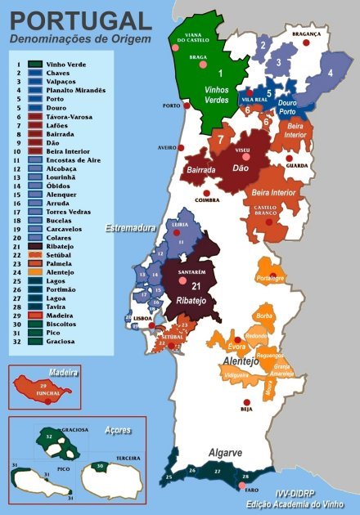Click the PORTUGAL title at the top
coord(79,20)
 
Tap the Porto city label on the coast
coord(171,106)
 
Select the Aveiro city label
coord(167,148)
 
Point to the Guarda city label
coord(296,165)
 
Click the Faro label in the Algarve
coord(252,489)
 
